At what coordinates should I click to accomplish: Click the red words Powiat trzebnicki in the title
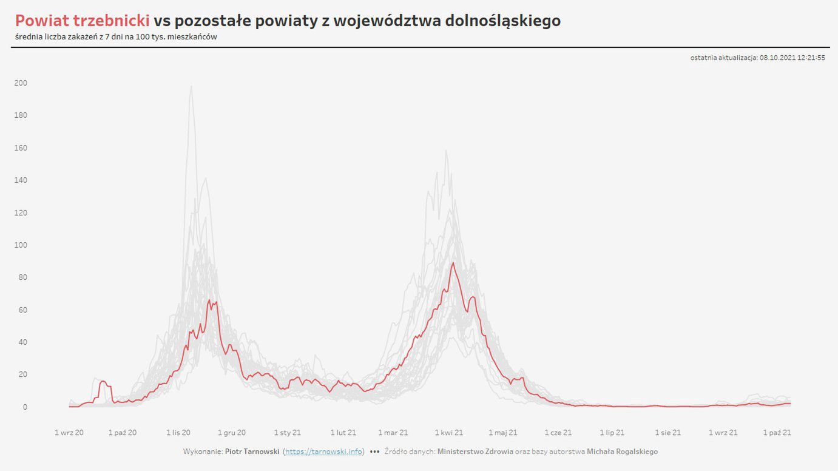tap(82, 21)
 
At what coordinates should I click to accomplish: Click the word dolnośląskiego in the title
tap(502, 21)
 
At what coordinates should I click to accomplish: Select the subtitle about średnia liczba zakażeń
tap(116, 37)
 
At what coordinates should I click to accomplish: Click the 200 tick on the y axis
tap(21, 83)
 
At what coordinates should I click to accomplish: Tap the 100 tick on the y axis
tap(21, 245)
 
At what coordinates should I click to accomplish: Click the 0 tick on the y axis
tap(24, 407)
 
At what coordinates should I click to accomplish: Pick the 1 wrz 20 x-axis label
tap(69, 433)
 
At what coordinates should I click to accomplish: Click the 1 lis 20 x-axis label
tap(178, 433)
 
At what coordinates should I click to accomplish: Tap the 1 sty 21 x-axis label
tap(288, 433)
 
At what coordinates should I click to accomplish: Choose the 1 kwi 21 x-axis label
tap(449, 433)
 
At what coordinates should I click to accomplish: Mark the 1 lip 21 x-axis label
tap(612, 433)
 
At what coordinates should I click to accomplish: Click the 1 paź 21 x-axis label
tap(777, 433)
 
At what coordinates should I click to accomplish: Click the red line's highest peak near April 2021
tap(453, 263)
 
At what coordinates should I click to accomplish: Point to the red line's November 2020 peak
tap(209, 300)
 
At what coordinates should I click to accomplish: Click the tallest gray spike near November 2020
tap(192, 86)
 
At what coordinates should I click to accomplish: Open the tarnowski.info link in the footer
tap(324, 452)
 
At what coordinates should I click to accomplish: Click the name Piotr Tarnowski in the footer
tap(251, 452)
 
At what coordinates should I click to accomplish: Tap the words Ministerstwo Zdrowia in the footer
tap(475, 452)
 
